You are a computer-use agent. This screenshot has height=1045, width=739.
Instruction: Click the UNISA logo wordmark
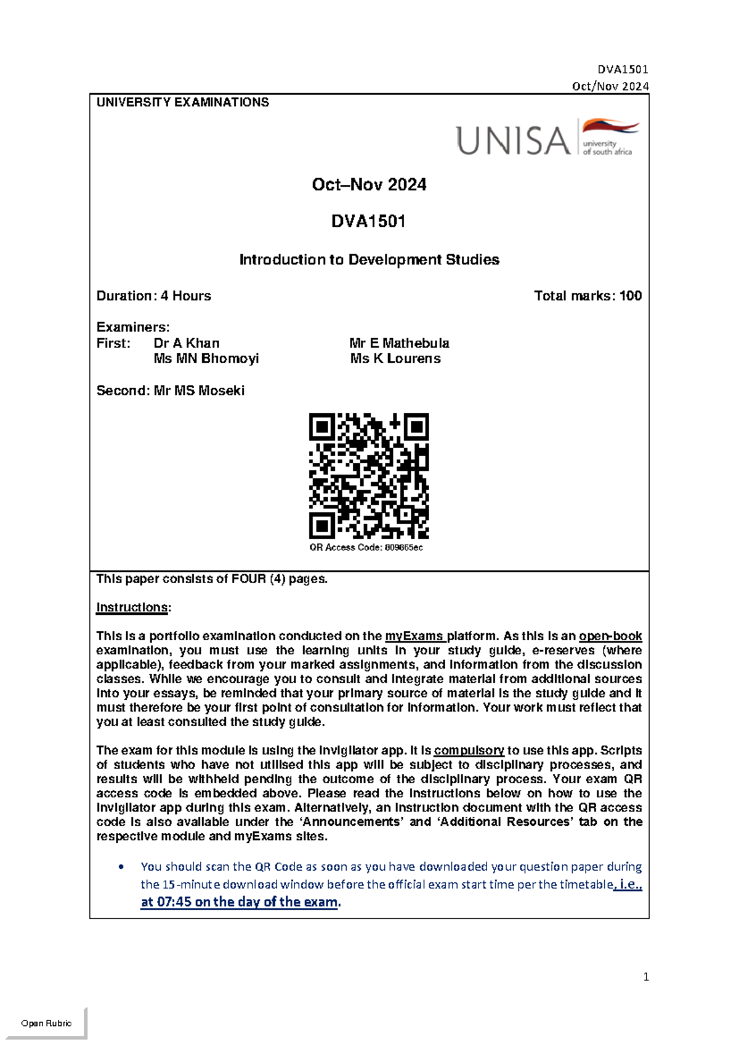[x=513, y=140]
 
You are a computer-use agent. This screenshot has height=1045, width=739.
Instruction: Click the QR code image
[x=368, y=476]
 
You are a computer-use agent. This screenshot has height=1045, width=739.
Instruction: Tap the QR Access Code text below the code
[x=366, y=547]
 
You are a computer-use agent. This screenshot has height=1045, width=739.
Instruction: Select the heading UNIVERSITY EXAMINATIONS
[x=182, y=102]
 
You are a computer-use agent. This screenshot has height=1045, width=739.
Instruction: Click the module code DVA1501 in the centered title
[x=368, y=221]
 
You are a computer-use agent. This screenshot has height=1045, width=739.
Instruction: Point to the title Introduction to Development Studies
[x=369, y=259]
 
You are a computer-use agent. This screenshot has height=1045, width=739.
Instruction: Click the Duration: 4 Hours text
[x=153, y=296]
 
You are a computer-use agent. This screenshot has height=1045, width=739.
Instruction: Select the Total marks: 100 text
[x=588, y=296]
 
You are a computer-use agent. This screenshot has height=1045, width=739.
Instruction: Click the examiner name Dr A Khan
[x=186, y=343]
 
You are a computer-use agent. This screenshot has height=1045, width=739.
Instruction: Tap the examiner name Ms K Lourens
[x=395, y=359]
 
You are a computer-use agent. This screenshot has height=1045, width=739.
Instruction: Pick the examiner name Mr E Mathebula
[x=399, y=343]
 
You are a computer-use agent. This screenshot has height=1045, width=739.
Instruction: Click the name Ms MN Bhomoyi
[x=206, y=359]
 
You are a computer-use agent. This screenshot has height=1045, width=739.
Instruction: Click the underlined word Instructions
[x=132, y=608]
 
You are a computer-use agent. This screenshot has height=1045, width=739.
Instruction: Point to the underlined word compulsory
[x=469, y=750]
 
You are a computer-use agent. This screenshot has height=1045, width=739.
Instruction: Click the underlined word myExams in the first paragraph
[x=414, y=636]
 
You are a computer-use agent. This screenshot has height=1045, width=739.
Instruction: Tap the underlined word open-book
[x=610, y=636]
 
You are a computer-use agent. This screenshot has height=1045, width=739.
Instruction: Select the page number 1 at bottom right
[x=645, y=977]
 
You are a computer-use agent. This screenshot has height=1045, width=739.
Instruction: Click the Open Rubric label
[x=46, y=1023]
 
